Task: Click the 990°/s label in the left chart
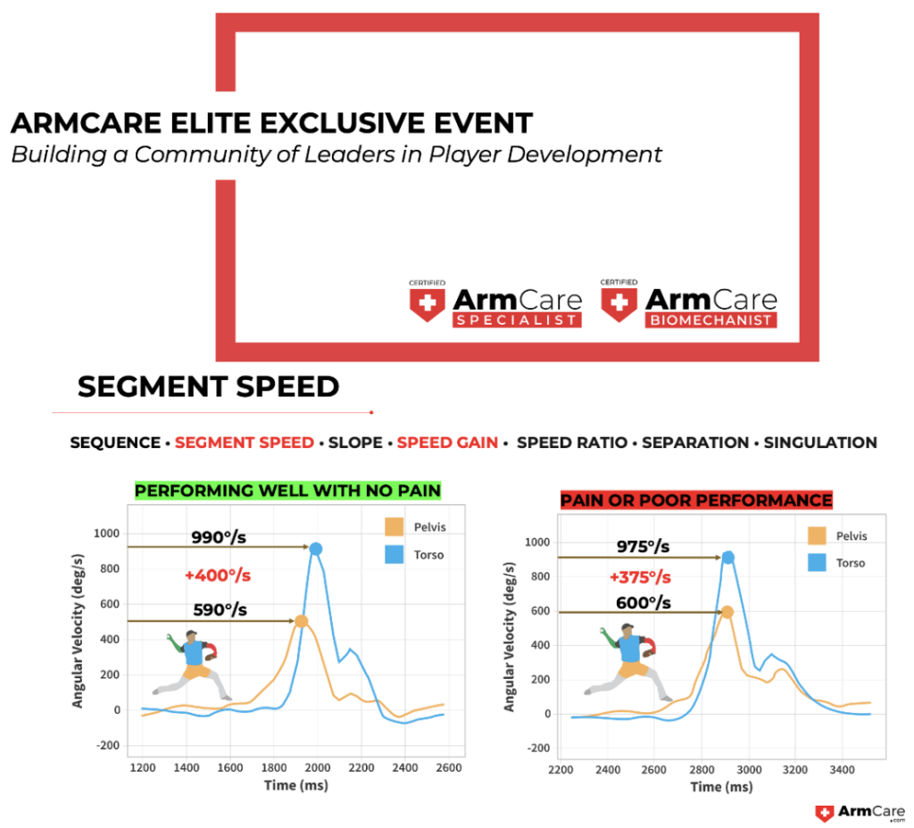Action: (x=219, y=536)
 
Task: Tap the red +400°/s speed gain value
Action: (x=218, y=575)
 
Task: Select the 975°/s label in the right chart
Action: (x=643, y=547)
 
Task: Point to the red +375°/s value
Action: (x=640, y=577)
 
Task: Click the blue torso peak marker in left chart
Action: (x=315, y=549)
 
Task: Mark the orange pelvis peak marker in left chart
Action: (x=301, y=621)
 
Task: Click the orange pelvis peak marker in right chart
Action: (x=727, y=612)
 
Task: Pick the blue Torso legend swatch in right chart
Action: (x=817, y=562)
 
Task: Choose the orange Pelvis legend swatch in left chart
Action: (x=394, y=526)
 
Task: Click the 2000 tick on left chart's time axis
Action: (x=318, y=767)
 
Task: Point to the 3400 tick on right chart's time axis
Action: (x=842, y=770)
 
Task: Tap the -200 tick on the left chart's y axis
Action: (x=107, y=745)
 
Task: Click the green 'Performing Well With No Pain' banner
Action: (x=288, y=491)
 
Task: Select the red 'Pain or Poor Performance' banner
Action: (x=696, y=500)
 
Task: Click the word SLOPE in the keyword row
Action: (x=355, y=443)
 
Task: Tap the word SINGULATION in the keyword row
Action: (x=820, y=443)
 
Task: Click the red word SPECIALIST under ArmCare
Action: (x=517, y=320)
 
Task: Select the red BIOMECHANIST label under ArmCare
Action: (x=710, y=320)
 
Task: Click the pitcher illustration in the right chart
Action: (x=628, y=662)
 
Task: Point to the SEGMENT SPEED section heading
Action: (x=208, y=386)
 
